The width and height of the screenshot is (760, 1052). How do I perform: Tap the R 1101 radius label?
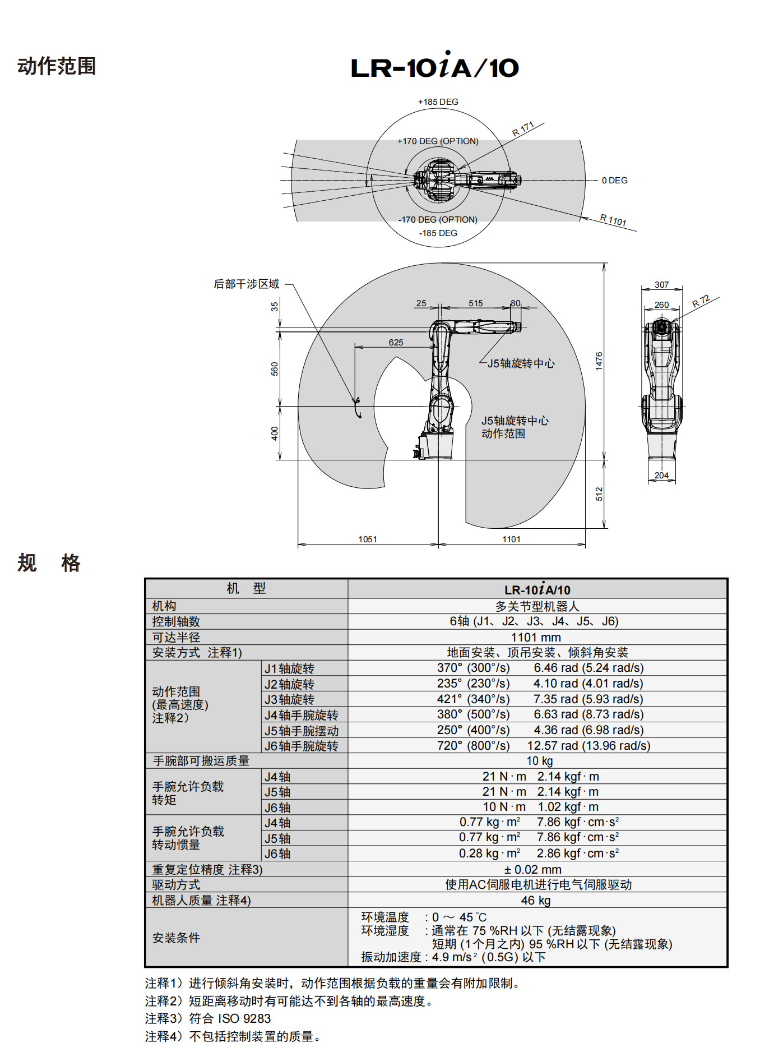[613, 220]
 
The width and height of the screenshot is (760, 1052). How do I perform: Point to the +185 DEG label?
[438, 102]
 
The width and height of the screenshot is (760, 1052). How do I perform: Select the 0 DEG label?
[614, 181]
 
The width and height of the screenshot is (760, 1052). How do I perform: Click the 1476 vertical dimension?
[599, 361]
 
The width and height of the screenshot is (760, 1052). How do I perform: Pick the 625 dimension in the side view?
[396, 342]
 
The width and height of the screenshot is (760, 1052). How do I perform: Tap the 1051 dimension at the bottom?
[368, 539]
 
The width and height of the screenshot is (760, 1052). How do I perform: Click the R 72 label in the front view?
[701, 301]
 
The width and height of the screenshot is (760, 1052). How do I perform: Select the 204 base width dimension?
[661, 475]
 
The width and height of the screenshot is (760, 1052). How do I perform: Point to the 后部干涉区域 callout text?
[246, 284]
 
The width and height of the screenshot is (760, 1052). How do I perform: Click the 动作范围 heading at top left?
[57, 66]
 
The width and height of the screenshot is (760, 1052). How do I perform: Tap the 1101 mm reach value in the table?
[536, 637]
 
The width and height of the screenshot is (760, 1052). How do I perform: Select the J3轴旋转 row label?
[289, 699]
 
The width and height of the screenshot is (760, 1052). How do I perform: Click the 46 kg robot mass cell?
[536, 900]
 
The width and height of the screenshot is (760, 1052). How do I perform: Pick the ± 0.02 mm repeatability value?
[532, 869]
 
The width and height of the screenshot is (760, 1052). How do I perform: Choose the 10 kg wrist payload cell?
[539, 760]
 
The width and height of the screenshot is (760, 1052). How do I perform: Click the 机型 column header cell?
[246, 588]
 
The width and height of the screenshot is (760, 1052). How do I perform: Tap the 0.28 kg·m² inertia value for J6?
[490, 853]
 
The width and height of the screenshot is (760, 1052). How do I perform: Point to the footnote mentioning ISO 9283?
[208, 1018]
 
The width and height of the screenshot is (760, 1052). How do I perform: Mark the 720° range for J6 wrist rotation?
[450, 745]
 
